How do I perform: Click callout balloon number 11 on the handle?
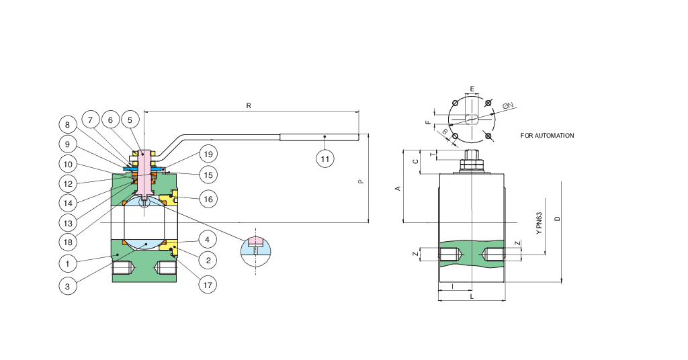pyautogui.click(x=325, y=159)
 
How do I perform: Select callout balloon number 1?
pyautogui.click(x=67, y=262)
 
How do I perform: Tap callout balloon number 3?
pyautogui.click(x=67, y=285)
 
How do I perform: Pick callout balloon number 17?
pyautogui.click(x=208, y=285)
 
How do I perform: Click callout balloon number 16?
pyautogui.click(x=208, y=199)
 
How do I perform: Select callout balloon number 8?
pyautogui.click(x=67, y=124)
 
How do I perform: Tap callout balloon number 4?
pyautogui.click(x=208, y=239)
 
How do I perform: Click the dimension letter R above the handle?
pyautogui.click(x=249, y=106)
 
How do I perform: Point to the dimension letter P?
pyautogui.click(x=361, y=181)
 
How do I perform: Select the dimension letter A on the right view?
pyautogui.click(x=397, y=189)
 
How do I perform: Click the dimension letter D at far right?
pyautogui.click(x=557, y=218)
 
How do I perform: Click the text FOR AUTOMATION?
pyautogui.click(x=547, y=136)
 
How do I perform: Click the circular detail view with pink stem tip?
pyautogui.click(x=255, y=247)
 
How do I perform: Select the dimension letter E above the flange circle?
pyautogui.click(x=472, y=89)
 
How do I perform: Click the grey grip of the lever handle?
pyautogui.click(x=318, y=137)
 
